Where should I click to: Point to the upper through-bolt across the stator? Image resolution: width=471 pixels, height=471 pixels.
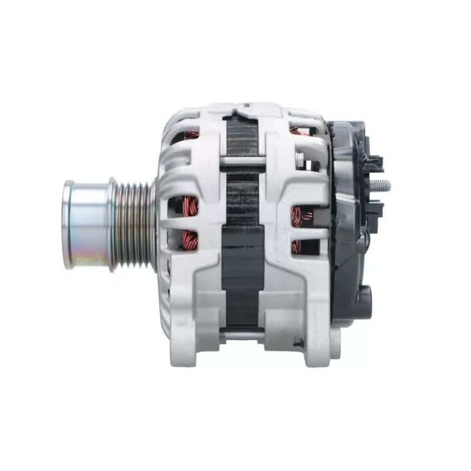(241, 161)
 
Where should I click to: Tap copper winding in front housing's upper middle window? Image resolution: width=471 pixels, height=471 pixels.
(190, 206)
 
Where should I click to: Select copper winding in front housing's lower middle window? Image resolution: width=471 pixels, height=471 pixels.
(190, 239)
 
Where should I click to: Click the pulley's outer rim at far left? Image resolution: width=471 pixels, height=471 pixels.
(68, 224)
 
